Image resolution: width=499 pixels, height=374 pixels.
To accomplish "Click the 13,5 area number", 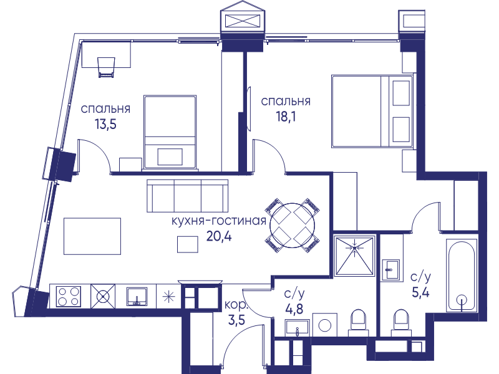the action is tap(105, 124).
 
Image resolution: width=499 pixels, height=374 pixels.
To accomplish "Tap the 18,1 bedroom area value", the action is tap(286, 117).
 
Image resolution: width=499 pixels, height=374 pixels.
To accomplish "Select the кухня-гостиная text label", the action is tap(219, 221).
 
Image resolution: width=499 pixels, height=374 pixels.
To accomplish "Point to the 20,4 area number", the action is tap(219, 236).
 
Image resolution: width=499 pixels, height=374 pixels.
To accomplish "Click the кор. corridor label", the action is tap(236, 305).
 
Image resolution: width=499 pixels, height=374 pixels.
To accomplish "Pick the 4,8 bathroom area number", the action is tap(294, 309).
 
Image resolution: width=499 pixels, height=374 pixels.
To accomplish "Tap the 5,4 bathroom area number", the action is tap(420, 292).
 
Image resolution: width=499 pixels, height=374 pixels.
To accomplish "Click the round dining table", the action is tap(292, 225).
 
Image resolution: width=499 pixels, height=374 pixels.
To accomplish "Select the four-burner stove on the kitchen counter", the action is tap(69, 297).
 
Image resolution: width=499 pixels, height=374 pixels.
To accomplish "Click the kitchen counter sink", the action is tap(137, 297).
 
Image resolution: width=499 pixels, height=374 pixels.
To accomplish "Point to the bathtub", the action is tap(462, 276).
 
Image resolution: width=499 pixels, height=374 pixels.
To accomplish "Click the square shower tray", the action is tap(354, 256).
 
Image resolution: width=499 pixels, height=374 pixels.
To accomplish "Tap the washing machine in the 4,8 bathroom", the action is tap(324, 325).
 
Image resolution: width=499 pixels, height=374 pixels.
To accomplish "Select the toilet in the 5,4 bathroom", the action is tap(401, 322).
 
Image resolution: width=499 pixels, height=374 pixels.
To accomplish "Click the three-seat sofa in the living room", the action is tap(188, 196).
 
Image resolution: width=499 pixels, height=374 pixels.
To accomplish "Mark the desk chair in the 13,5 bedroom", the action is tap(106, 67).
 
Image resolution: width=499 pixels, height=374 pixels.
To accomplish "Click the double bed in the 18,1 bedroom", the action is tap(372, 112).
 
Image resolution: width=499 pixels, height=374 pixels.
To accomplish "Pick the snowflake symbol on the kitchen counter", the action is tap(168, 297).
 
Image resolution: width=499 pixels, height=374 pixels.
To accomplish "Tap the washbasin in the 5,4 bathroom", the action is tap(390, 270).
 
